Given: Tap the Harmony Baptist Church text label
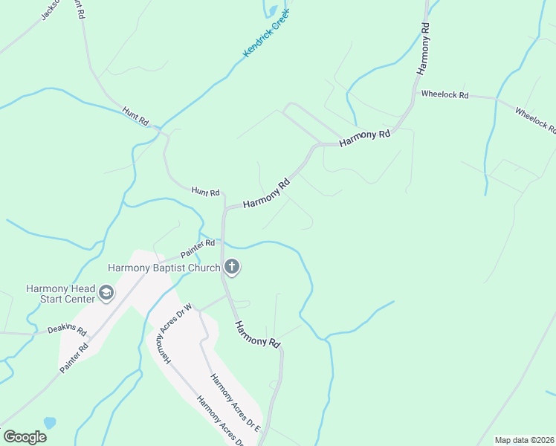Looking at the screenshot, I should tap(164, 268).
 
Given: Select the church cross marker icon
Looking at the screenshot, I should tap(232, 268).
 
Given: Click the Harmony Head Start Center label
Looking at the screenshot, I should tap(60, 294).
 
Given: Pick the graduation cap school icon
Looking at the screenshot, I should tap(106, 294).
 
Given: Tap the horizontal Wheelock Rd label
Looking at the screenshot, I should tap(445, 95).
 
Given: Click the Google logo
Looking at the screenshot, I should tap(25, 437).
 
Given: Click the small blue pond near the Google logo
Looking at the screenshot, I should tap(50, 422).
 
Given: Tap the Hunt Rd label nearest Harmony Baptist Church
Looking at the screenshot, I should tap(205, 192).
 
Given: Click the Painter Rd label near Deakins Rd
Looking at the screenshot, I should tap(75, 358).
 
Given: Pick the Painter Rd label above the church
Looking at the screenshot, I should tap(197, 247).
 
